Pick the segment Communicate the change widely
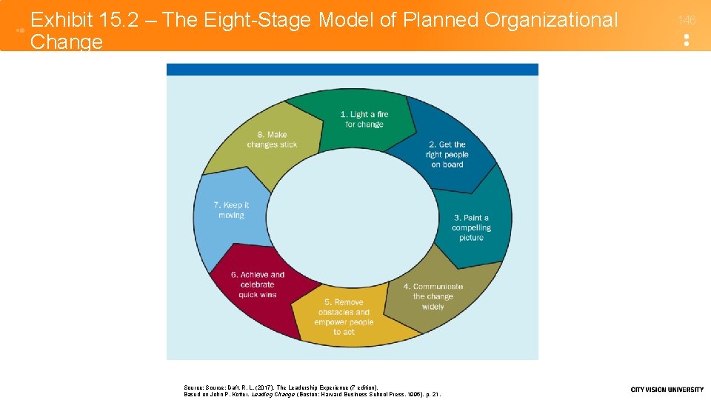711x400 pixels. point(433,296)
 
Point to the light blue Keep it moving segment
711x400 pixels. point(231,210)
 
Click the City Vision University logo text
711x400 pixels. point(667,390)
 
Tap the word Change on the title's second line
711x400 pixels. point(67,41)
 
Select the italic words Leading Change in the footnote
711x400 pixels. point(274,394)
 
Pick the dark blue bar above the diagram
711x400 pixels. point(353,70)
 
